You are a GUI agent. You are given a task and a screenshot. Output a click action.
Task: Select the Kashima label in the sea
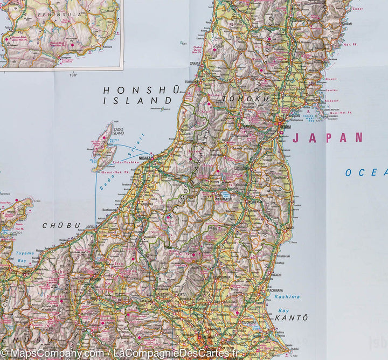tap(287, 296)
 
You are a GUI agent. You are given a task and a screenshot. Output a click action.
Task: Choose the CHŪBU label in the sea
tap(61, 225)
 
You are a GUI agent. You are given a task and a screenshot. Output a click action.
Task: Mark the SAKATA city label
tap(195, 63)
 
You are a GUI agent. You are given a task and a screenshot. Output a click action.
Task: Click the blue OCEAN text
tap(366, 172)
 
